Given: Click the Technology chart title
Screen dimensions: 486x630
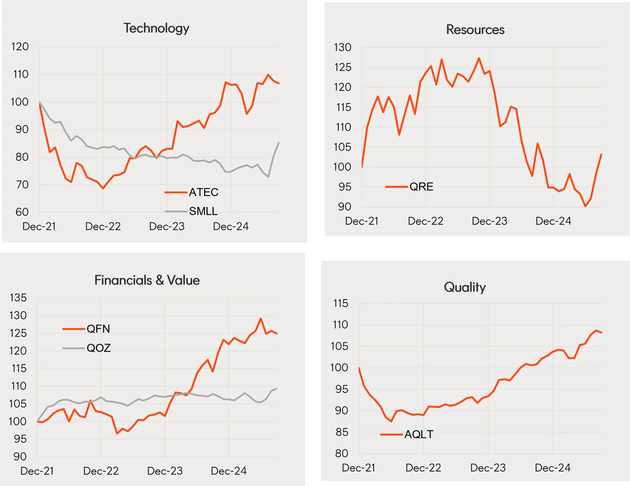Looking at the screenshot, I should point(156,28).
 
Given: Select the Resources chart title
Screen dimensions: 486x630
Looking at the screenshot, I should point(475,30).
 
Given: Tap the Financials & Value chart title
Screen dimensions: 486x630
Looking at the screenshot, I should point(147,280).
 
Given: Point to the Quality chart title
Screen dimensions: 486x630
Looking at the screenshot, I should point(465,287).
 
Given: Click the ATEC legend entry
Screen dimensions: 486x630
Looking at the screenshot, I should point(203,192).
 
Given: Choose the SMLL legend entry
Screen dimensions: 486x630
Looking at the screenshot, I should point(203,211).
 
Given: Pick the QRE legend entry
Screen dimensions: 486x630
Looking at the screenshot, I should point(421,187).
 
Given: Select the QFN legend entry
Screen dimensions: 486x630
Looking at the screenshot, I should point(98,329).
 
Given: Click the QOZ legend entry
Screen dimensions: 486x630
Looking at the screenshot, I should point(98,348).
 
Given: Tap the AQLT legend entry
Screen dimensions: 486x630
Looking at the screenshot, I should point(419,434).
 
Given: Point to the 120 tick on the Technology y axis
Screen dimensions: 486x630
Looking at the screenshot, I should point(20,47).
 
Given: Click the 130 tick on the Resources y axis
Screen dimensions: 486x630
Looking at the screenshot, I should point(342,47).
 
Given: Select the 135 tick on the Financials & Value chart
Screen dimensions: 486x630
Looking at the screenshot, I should point(18,298).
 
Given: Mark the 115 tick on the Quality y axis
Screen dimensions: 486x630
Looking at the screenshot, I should point(341,303).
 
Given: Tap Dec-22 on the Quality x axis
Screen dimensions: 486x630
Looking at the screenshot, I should point(423,468).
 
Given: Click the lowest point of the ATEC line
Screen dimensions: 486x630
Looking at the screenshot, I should point(103,189).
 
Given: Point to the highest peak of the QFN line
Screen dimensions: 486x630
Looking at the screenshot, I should point(261,319).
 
